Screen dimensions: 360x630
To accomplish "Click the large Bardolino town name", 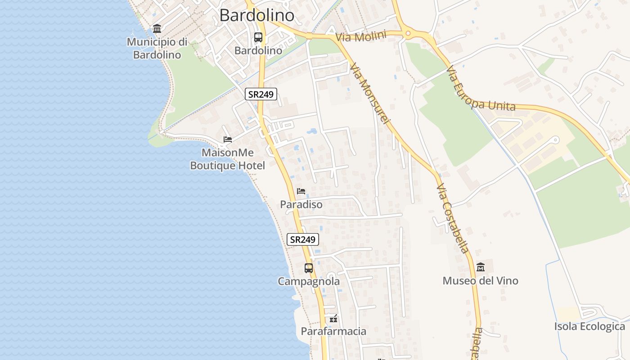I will [x=257, y=15].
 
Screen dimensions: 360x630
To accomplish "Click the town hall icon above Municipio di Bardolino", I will [x=157, y=29].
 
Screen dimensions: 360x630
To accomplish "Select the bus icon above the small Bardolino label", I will [x=258, y=37].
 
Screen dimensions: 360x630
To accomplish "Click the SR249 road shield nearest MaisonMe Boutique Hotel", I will [x=261, y=94].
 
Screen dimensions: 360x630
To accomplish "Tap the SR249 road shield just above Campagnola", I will [x=303, y=239].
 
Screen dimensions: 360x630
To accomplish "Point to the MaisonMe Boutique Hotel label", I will [x=228, y=159].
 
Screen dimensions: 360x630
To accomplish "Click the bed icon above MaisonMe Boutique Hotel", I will [x=228, y=139].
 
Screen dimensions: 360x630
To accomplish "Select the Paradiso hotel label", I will [x=301, y=204].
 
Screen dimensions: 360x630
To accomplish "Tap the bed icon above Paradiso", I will [x=301, y=191].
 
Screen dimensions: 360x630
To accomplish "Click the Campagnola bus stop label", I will [x=309, y=282].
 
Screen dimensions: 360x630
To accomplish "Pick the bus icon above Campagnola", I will [x=309, y=268].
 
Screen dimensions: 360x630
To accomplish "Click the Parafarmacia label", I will [x=333, y=331].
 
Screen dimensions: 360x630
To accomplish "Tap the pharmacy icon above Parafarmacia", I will [x=333, y=319].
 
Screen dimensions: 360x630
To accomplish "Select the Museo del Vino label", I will [x=481, y=281].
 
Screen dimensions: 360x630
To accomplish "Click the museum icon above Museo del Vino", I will [x=481, y=267].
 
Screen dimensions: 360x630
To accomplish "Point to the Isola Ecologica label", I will [x=590, y=326].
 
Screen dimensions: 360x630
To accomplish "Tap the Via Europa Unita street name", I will [x=481, y=89].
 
